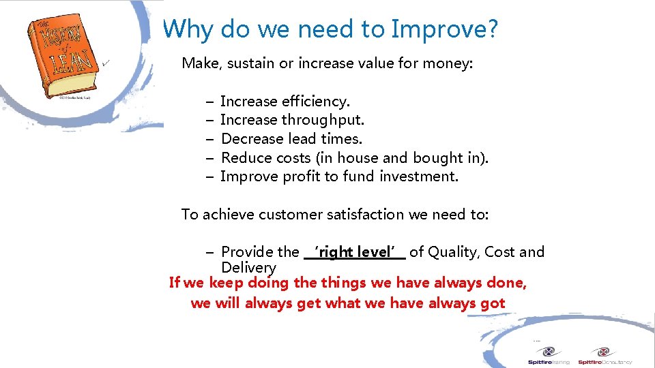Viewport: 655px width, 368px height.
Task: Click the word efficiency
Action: tap(315, 102)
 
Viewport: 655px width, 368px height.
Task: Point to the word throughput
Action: tap(323, 121)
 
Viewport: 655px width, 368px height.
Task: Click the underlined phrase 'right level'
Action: tap(355, 252)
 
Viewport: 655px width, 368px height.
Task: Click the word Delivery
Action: tap(248, 269)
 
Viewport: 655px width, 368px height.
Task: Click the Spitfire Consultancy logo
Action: tap(605, 355)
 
